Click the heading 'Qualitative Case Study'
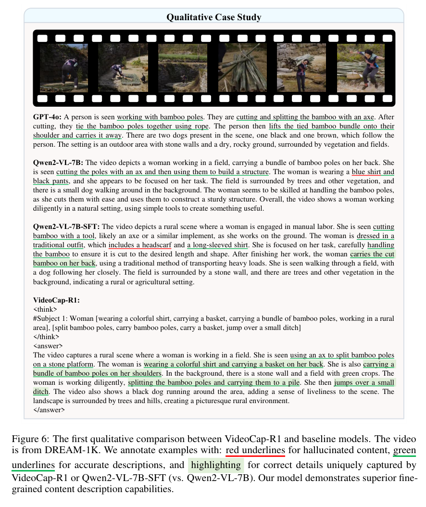pos(213,17)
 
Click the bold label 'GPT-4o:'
pos(48,117)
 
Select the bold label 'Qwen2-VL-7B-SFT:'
pos(67,227)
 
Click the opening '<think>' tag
pos(45,309)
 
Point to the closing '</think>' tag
pos(46,337)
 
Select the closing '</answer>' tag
pos(49,410)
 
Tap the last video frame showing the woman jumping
pos(361,68)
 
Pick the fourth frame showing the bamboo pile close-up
pos(242,68)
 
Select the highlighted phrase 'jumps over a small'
pos(364,383)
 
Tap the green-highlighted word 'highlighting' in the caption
pos(215,465)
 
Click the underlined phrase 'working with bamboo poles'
pos(160,117)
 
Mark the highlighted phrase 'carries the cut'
pos(372,254)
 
